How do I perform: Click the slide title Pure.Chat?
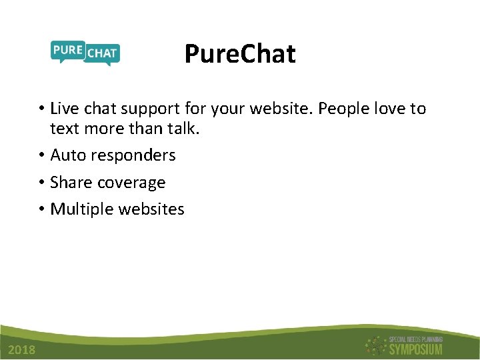pyautogui.click(x=239, y=54)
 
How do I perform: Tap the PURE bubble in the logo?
pyautogui.click(x=67, y=51)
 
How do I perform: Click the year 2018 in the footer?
pyautogui.click(x=22, y=351)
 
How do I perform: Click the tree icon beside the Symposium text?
pyautogui.click(x=375, y=345)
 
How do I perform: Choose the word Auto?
pyautogui.click(x=68, y=155)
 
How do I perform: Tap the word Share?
pyautogui.click(x=71, y=182)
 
